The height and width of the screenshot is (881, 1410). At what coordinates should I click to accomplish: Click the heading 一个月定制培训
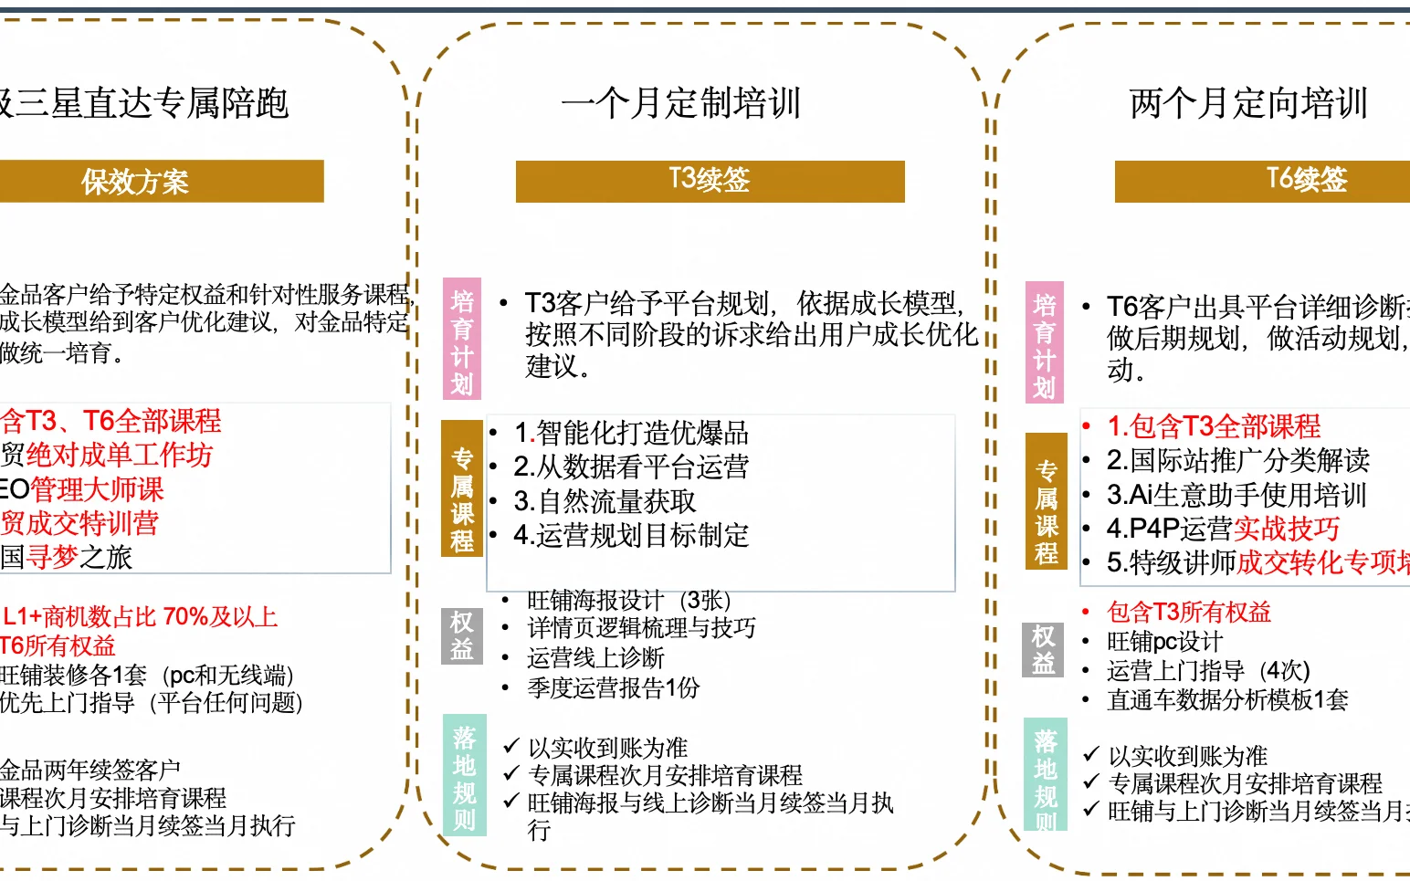[681, 102]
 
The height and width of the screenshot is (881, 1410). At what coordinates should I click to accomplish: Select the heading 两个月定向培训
[1248, 102]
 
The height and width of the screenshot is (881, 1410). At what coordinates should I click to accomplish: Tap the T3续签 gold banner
[710, 180]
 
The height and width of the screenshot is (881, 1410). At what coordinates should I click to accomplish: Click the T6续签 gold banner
[1306, 180]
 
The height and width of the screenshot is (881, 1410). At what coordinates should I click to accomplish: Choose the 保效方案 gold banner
[135, 182]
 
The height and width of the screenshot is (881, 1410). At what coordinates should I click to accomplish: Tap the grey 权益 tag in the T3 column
[462, 635]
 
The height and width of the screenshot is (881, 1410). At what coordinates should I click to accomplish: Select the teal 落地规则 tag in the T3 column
[464, 777]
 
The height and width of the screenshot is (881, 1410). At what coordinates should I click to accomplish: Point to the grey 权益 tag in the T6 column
[1043, 649]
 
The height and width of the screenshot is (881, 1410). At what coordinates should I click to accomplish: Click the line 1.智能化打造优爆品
[631, 433]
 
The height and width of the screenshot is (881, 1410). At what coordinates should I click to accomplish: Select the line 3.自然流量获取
[605, 501]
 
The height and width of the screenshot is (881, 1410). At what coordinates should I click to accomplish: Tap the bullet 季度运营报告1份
[613, 687]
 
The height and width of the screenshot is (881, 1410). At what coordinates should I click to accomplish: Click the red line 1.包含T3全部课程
[1214, 426]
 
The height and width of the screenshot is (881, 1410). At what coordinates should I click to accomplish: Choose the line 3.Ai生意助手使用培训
[1236, 495]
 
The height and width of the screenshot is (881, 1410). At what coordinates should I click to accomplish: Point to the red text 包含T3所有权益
[1189, 612]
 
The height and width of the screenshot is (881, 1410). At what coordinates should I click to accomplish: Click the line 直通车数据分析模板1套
[1227, 700]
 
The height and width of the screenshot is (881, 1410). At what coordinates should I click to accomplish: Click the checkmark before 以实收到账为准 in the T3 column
[511, 747]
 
